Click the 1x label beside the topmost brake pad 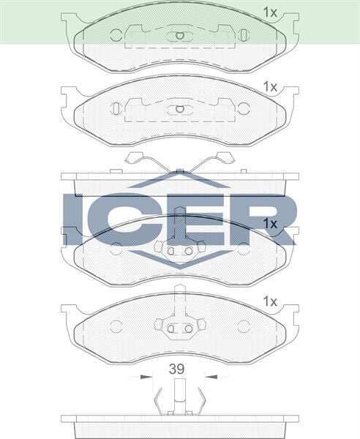[x=269, y=12]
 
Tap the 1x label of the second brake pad [x=269, y=86]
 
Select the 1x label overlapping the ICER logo [x=269, y=222]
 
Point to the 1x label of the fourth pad [x=269, y=301]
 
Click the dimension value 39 [x=176, y=369]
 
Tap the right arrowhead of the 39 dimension [x=208, y=378]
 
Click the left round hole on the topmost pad [x=116, y=34]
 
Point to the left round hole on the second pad [x=116, y=108]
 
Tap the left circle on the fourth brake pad [x=116, y=326]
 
